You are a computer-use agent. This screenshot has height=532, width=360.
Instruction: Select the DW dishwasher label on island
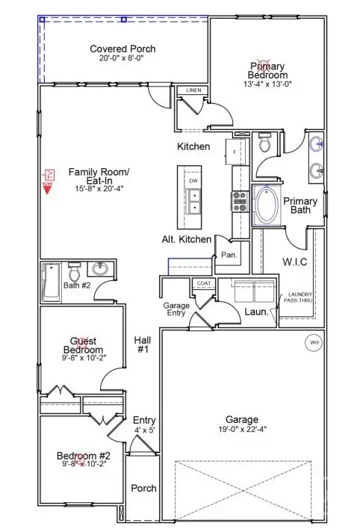point(193,181)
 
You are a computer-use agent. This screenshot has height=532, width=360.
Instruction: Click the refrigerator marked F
point(236,152)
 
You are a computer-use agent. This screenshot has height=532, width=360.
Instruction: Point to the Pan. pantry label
point(229,254)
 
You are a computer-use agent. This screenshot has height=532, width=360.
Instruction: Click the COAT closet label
point(203,283)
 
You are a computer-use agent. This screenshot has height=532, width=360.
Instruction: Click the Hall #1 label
point(143,344)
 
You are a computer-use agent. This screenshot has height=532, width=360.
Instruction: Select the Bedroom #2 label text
point(84,457)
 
